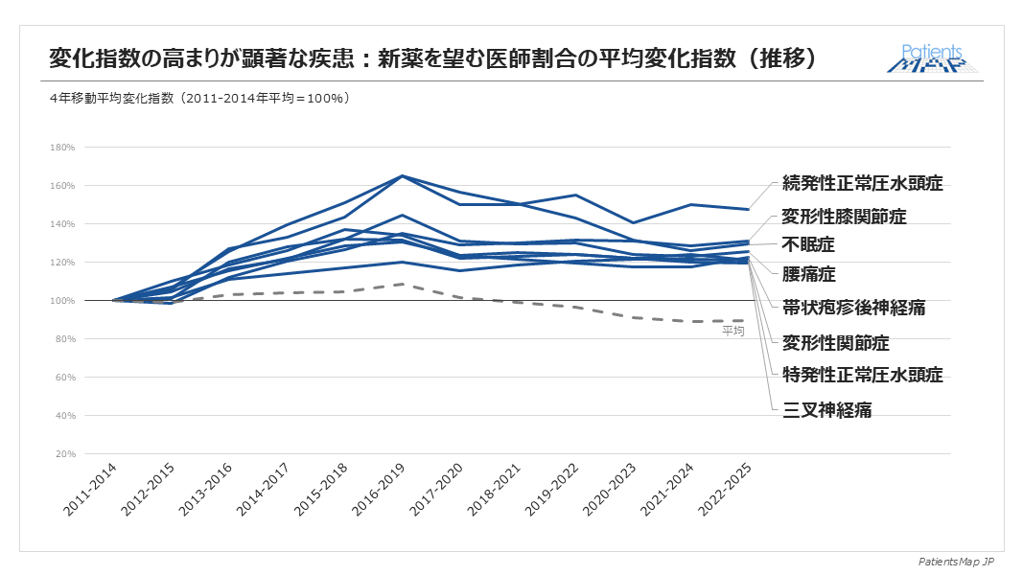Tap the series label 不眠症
[x=809, y=244]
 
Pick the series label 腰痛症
[x=809, y=275]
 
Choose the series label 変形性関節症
[x=836, y=342]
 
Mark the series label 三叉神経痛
[x=827, y=410]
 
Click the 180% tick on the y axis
[x=62, y=148]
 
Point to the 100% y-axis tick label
[x=62, y=301]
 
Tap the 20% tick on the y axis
[x=64, y=454]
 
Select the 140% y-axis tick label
[x=62, y=224]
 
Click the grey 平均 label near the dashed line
[x=732, y=331]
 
